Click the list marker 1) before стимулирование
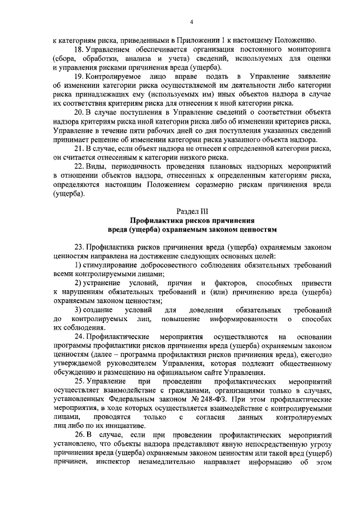(78, 265)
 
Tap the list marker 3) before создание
(78, 310)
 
